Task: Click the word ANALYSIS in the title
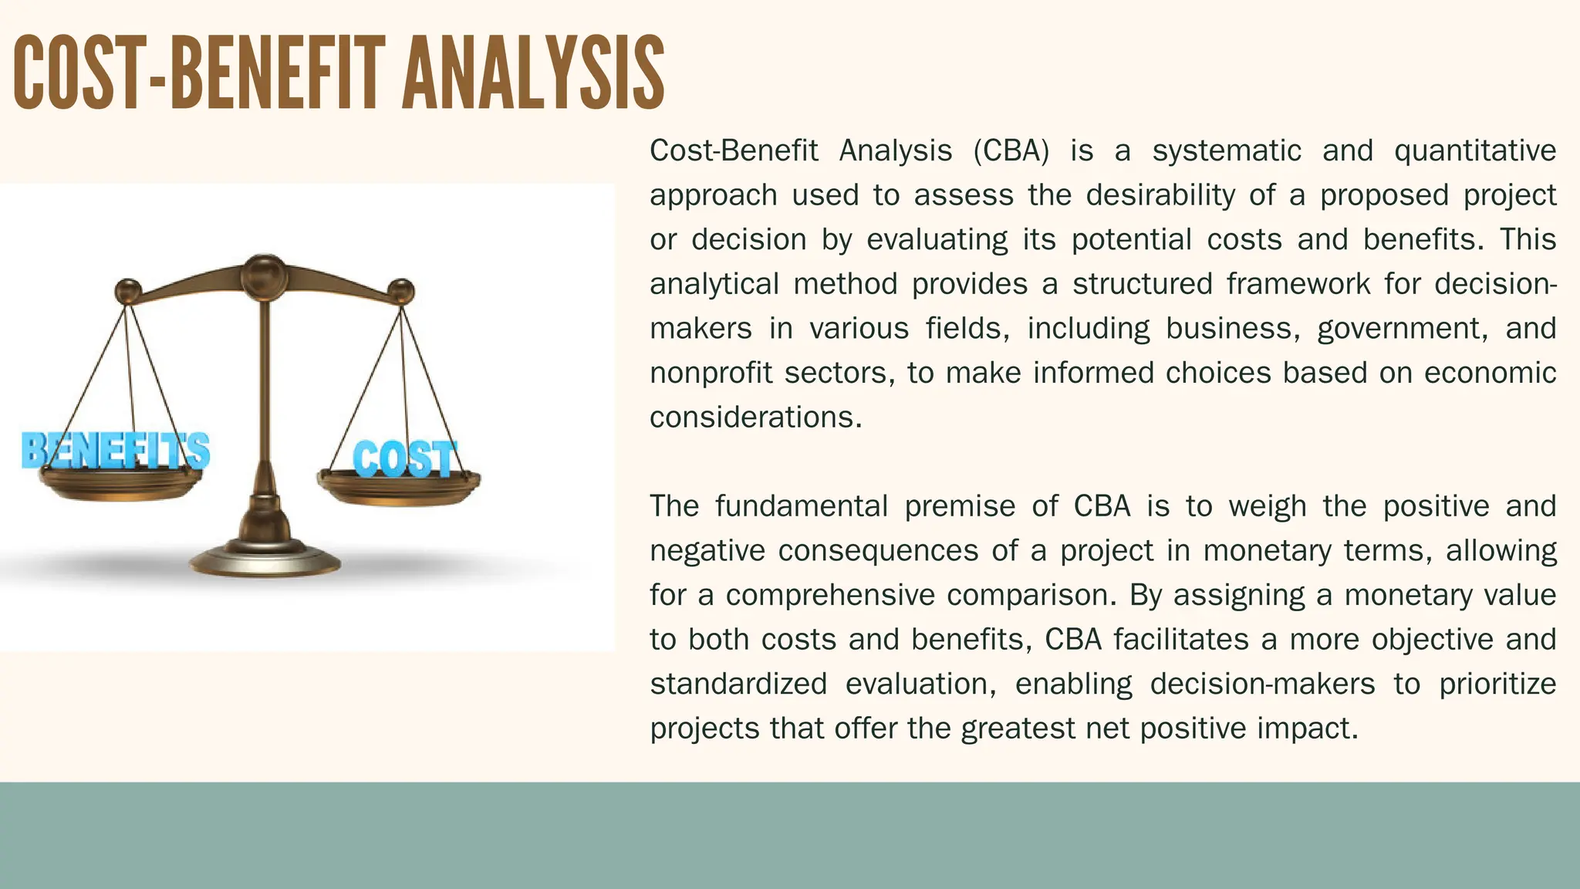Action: (532, 73)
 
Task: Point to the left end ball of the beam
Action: (128, 292)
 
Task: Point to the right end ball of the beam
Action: (400, 292)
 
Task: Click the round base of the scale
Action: (265, 559)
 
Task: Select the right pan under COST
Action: (398, 488)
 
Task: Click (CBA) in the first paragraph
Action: (1011, 151)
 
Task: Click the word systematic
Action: (1227, 151)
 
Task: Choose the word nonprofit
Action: (711, 374)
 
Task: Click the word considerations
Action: (755, 417)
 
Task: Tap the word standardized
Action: (738, 684)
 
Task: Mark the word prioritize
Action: (1497, 684)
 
